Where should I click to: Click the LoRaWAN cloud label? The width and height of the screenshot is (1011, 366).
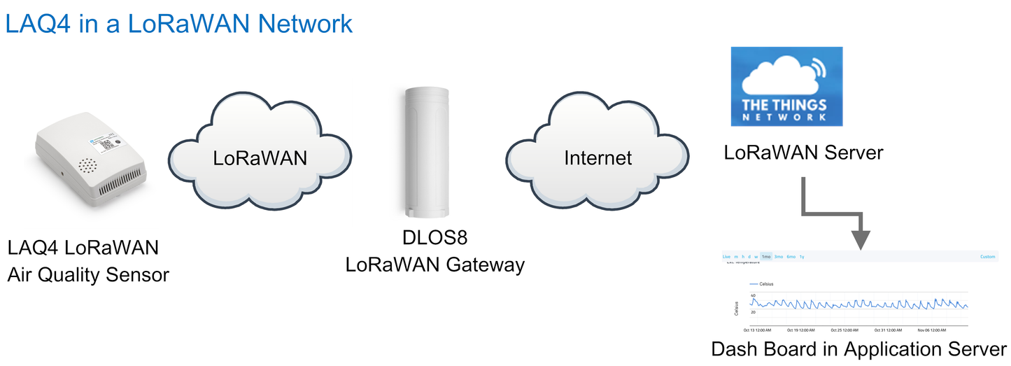[260, 157]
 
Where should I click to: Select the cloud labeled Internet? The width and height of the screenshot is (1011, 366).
[598, 157]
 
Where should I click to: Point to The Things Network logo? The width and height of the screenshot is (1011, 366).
[787, 87]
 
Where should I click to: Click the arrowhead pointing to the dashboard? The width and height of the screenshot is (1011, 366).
[862, 240]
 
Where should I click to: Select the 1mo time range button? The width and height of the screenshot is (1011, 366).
[765, 257]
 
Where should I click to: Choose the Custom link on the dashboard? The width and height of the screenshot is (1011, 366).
[987, 257]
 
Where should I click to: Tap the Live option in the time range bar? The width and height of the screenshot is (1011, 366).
[726, 257]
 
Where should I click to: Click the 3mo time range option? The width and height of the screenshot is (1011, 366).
[778, 257]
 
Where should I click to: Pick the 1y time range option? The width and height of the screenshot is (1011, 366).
[802, 257]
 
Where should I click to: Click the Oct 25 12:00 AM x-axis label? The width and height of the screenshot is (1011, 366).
[845, 330]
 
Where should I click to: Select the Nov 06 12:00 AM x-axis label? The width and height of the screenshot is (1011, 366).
[933, 330]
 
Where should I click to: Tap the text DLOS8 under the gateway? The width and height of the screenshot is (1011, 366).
[434, 239]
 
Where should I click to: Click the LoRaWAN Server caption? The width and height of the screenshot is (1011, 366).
[804, 152]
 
